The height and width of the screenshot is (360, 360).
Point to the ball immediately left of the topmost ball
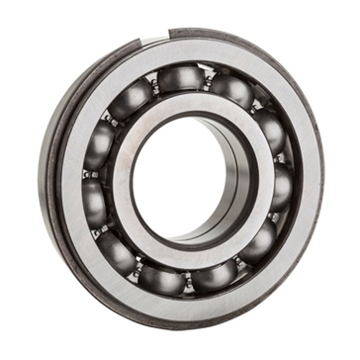pos(135,94)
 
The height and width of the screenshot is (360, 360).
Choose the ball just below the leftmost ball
pos(104,242)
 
